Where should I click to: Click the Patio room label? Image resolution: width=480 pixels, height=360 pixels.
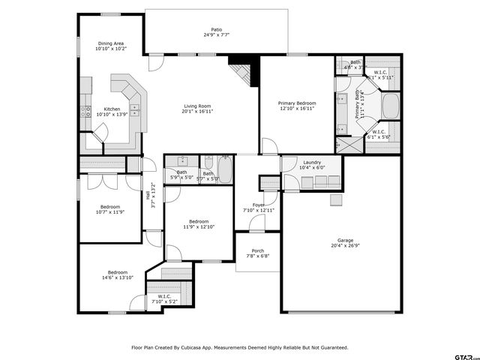(x=216, y=30)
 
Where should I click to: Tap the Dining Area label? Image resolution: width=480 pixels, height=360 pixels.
(x=110, y=43)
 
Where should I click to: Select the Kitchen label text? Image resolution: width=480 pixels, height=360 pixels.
(x=111, y=109)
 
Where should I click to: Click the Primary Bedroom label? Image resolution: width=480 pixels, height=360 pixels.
(x=297, y=103)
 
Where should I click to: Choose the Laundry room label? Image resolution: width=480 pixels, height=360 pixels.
(x=312, y=162)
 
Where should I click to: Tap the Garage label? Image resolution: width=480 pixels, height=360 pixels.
(x=345, y=240)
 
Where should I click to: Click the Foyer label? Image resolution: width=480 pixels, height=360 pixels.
(x=258, y=205)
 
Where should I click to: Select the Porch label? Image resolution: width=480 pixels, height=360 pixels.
(x=258, y=250)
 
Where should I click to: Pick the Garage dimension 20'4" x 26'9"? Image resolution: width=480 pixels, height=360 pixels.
(x=345, y=245)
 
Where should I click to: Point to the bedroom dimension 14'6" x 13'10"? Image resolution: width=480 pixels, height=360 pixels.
(x=117, y=277)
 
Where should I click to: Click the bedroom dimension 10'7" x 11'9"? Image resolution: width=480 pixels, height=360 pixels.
(x=110, y=211)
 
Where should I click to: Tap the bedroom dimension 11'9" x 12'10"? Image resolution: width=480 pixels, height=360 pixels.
(x=199, y=226)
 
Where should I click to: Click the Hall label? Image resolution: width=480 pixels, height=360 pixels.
(x=147, y=195)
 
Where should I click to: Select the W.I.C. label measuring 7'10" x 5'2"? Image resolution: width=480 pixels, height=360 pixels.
(x=165, y=301)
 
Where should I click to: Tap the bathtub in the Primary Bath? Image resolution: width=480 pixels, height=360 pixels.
(x=391, y=105)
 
